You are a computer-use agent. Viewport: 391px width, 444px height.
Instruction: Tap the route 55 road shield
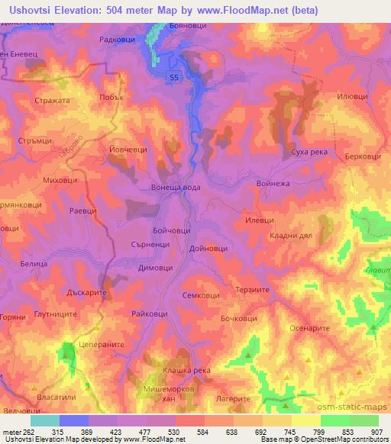pyautogui.click(x=175, y=77)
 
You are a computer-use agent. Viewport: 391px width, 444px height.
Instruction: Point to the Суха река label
pyautogui.click(x=309, y=153)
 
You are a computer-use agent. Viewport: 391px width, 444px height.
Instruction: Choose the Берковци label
pyautogui.click(x=362, y=155)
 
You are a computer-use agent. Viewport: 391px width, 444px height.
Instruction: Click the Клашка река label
pyautogui.click(x=186, y=370)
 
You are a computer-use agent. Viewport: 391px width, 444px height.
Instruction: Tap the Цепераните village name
pyautogui.click(x=102, y=344)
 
